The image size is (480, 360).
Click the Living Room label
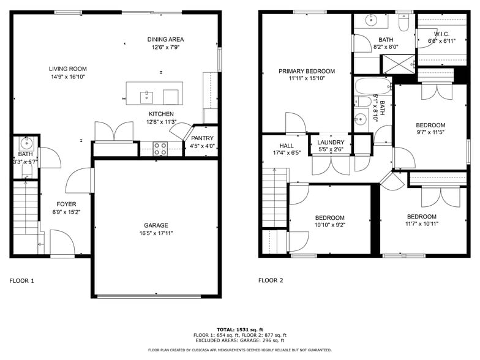(68, 69)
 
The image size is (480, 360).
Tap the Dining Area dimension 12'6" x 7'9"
(165, 47)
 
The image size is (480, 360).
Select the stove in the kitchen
(160, 148)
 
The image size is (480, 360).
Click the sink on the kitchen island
(147, 97)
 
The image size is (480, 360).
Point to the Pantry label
(202, 138)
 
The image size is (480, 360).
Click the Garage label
(156, 225)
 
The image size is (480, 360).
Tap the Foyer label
(67, 204)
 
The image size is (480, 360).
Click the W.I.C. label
(442, 34)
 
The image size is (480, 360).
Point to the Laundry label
(331, 142)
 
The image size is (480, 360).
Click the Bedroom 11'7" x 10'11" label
(422, 217)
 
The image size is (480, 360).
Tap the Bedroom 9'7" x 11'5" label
(430, 125)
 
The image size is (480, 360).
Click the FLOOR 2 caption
(271, 280)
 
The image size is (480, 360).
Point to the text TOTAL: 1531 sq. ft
(239, 329)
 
